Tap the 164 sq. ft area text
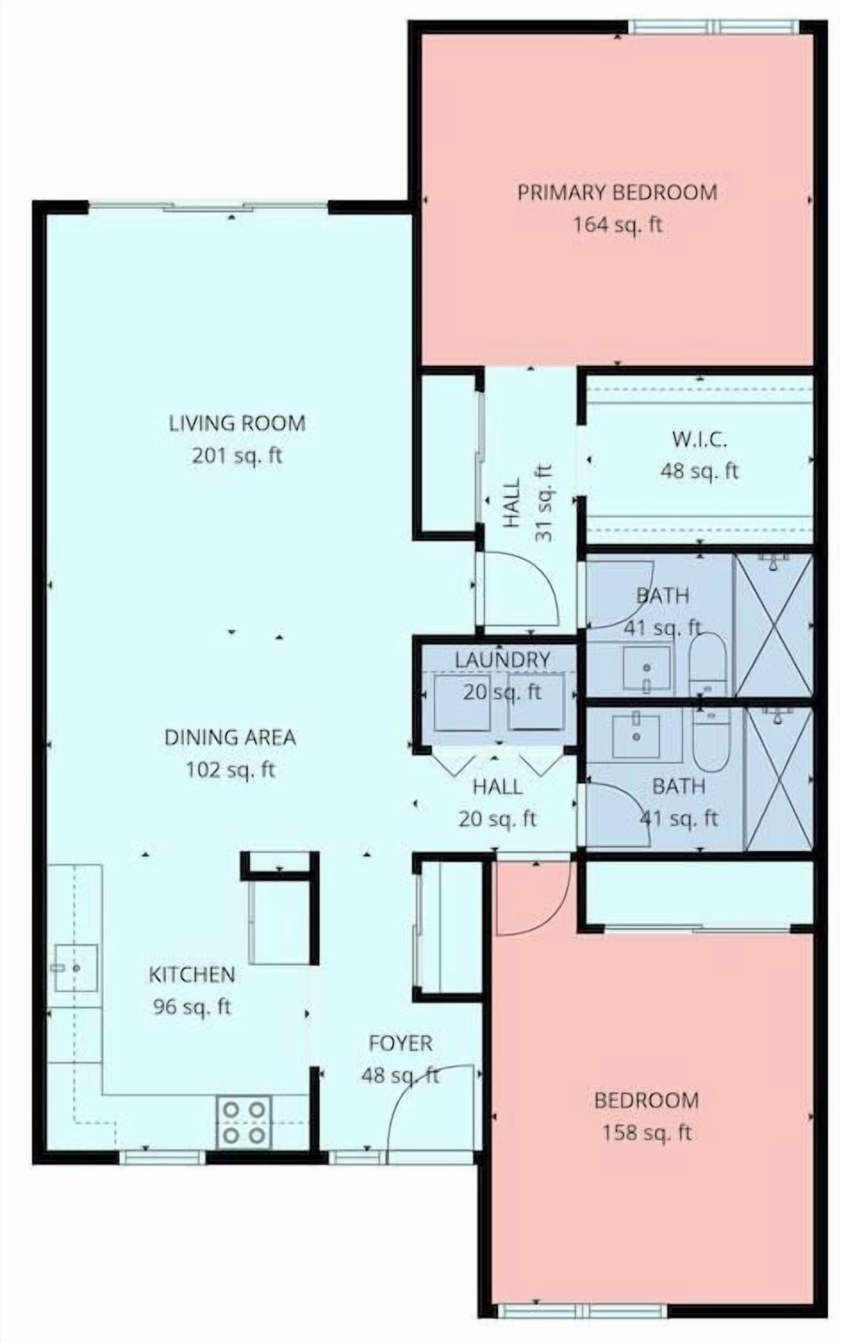pyautogui.click(x=618, y=225)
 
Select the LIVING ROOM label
pyautogui.click(x=237, y=423)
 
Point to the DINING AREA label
pyautogui.click(x=230, y=737)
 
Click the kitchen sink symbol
pyautogui.click(x=76, y=968)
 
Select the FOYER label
pyautogui.click(x=401, y=1043)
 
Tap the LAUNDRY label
pyautogui.click(x=502, y=660)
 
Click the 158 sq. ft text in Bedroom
pyautogui.click(x=646, y=1133)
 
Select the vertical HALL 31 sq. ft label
pyautogui.click(x=526, y=503)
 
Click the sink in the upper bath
pyautogui.click(x=646, y=668)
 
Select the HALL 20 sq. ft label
pyautogui.click(x=497, y=803)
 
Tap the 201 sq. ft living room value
pyautogui.click(x=237, y=456)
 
